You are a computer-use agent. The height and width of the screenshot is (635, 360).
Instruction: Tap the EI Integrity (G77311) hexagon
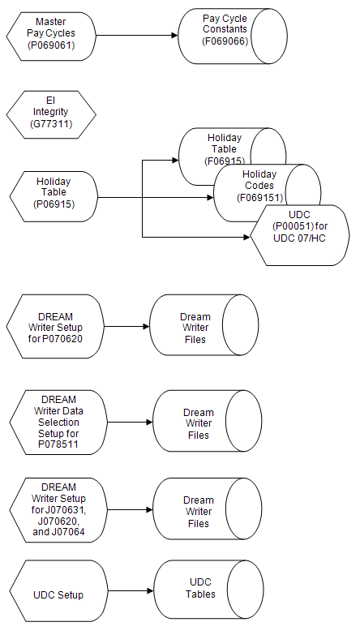pyautogui.click(x=50, y=111)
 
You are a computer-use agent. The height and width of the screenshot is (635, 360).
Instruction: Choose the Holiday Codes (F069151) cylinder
pyautogui.click(x=258, y=186)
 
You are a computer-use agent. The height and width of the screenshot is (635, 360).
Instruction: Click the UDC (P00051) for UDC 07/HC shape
pyautogui.click(x=299, y=235)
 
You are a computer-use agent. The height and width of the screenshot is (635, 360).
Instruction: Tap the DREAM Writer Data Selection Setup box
pyautogui.click(x=58, y=423)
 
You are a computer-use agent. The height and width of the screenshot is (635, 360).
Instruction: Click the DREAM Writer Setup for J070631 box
pyautogui.click(x=58, y=510)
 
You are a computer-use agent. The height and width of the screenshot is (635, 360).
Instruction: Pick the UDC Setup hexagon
pyautogui.click(x=58, y=594)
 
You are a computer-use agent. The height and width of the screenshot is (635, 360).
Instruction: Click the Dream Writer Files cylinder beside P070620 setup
pyautogui.click(x=195, y=328)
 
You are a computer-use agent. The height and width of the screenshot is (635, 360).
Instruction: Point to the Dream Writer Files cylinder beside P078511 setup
pyautogui.click(x=197, y=423)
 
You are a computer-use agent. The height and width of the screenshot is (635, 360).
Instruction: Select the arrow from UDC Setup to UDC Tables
pyautogui.click(x=130, y=594)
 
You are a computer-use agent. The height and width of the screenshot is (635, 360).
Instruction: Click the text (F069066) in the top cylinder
pyautogui.click(x=225, y=41)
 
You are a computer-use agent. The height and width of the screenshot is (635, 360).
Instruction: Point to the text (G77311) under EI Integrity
pyautogui.click(x=50, y=122)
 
